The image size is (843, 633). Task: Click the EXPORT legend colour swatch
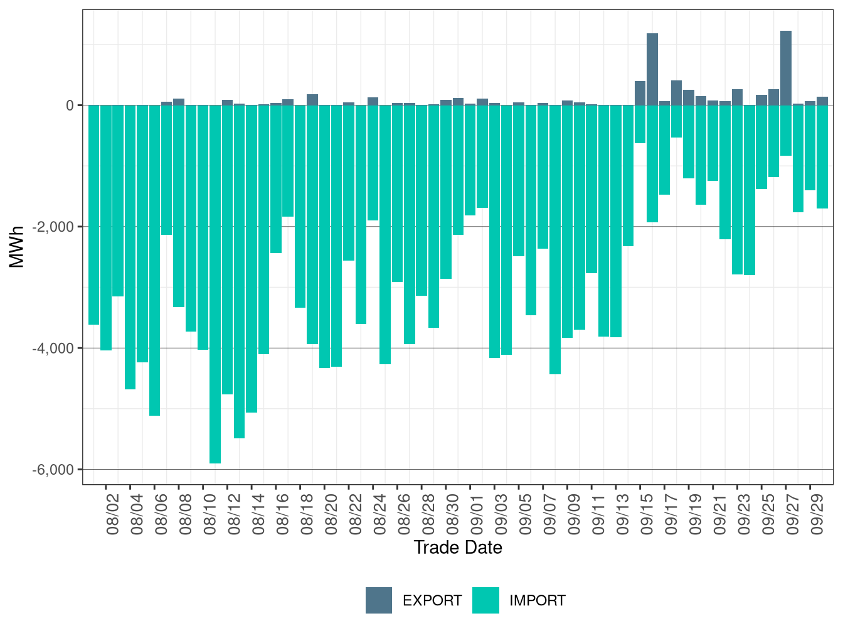click(x=379, y=600)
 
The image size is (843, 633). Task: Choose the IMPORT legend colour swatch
click(x=485, y=600)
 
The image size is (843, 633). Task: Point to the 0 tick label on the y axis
click(x=70, y=105)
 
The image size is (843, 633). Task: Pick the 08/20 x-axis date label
click(x=331, y=514)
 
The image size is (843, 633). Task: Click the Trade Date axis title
click(x=458, y=548)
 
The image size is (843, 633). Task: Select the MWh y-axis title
click(x=18, y=247)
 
